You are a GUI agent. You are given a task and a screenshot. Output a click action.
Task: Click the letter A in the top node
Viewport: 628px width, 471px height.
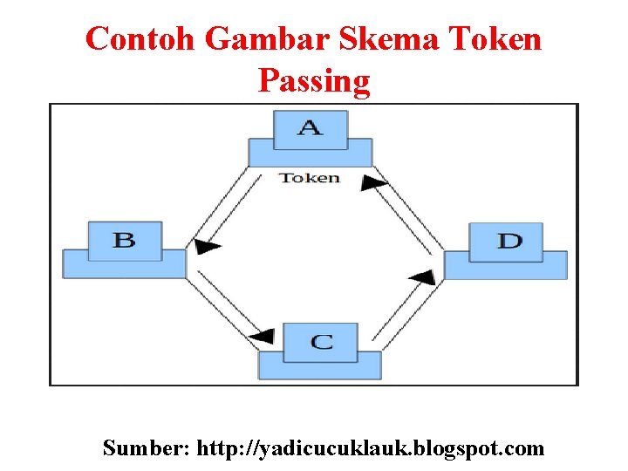coord(310,128)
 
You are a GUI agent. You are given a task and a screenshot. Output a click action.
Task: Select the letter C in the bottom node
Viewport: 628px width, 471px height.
coord(321,341)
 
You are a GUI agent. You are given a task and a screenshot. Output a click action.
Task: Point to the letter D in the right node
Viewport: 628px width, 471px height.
coord(509,241)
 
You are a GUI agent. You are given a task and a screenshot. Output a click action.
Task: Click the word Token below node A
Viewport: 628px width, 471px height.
coord(309,178)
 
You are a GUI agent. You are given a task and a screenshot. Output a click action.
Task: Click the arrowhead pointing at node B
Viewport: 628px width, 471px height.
coord(206,247)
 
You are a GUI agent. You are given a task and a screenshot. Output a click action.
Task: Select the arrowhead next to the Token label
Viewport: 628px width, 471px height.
coord(374,182)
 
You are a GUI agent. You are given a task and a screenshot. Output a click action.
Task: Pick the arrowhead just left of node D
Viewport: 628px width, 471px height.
coord(422,277)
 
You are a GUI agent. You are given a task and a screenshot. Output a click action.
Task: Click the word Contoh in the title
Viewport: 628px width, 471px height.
coord(143,39)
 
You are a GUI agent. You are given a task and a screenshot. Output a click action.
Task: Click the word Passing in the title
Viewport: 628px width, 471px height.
coord(314,81)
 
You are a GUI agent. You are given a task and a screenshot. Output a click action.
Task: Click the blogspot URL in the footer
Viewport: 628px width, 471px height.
coord(371,448)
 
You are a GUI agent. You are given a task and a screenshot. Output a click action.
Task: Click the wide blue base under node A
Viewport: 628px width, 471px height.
coord(310,154)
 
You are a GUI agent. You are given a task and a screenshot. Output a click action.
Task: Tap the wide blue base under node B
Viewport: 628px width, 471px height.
coord(124,265)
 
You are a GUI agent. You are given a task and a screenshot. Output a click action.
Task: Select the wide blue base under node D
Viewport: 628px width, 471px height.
coord(506,266)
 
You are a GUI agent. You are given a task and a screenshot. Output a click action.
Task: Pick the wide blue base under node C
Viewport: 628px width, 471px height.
coord(320,366)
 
